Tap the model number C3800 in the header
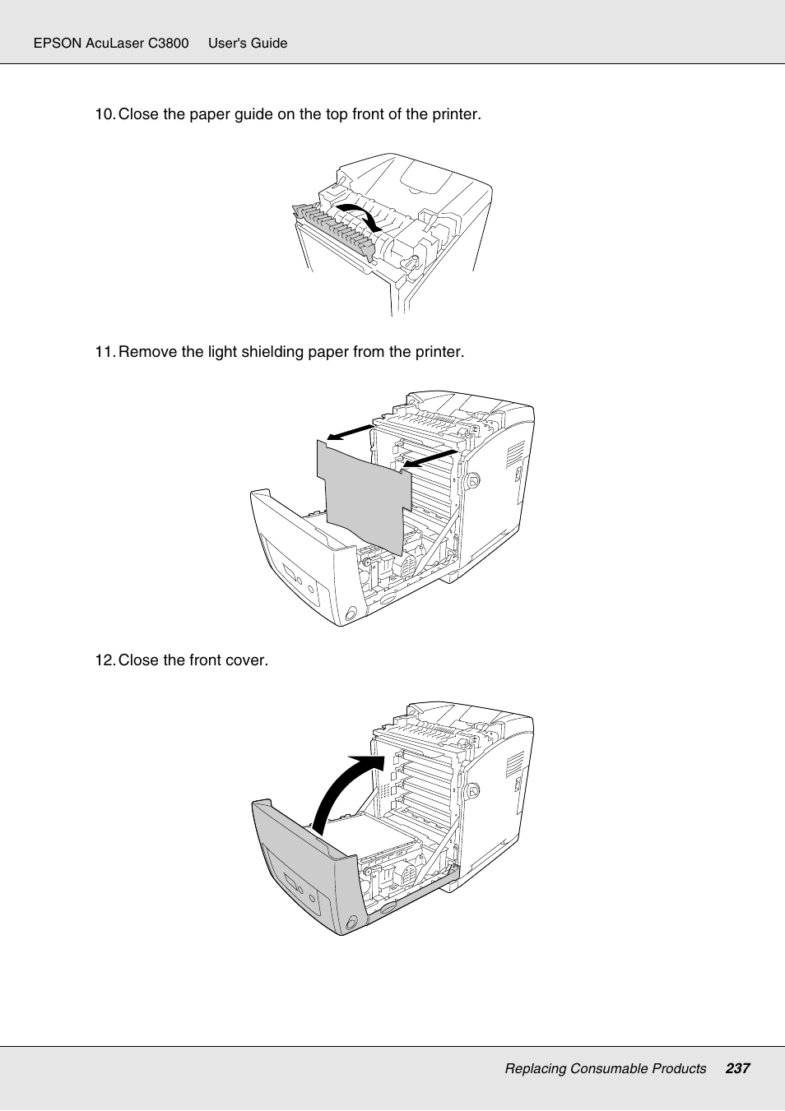tap(169, 43)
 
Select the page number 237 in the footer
tap(737, 1068)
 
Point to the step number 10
tap(105, 114)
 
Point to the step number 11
tap(105, 352)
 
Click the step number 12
tap(105, 660)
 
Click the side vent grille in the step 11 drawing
tap(515, 456)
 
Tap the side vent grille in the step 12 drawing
tap(514, 766)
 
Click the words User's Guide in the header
tap(248, 43)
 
